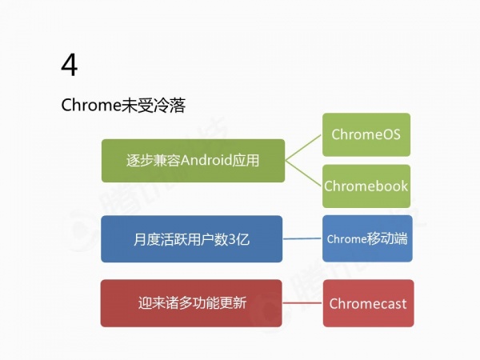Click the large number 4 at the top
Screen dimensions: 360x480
(x=70, y=65)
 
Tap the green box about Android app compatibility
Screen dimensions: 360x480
(x=192, y=160)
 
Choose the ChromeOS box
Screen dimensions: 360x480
(x=366, y=134)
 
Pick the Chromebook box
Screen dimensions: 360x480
(x=366, y=186)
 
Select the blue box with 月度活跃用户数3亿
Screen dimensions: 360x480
(x=192, y=238)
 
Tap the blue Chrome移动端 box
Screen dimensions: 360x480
(x=367, y=238)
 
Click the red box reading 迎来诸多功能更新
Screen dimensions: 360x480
(x=192, y=303)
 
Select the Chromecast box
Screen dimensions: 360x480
(x=368, y=303)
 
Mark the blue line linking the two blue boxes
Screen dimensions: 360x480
(x=302, y=238)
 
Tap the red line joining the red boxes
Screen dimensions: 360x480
(x=302, y=303)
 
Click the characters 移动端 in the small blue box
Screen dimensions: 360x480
(x=387, y=238)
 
